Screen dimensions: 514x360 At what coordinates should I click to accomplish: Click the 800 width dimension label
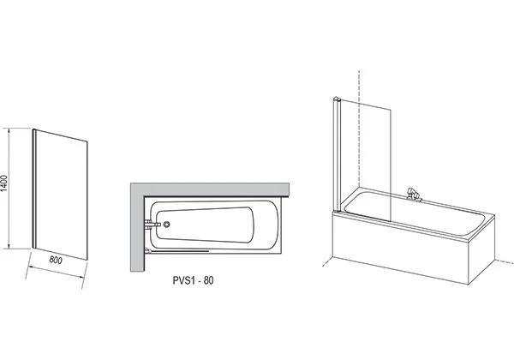click(x=56, y=260)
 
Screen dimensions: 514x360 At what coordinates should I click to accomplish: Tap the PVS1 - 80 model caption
click(x=193, y=280)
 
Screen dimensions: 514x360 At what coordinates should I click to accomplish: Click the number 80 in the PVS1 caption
click(x=209, y=280)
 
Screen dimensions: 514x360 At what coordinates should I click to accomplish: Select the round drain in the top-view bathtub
click(x=167, y=225)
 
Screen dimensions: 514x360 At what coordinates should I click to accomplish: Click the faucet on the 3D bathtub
click(x=412, y=195)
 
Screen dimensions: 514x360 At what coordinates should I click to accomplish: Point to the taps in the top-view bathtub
click(x=152, y=225)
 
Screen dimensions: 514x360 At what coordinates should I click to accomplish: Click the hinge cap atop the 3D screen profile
click(x=336, y=99)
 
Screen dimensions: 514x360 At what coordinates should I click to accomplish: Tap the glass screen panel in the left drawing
click(x=61, y=195)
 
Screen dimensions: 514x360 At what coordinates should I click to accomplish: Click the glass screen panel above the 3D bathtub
click(x=366, y=161)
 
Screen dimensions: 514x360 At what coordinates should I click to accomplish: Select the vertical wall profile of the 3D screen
click(x=336, y=156)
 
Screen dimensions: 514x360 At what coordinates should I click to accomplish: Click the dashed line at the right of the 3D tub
click(x=504, y=261)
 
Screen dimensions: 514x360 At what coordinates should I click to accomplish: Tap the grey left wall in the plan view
click(x=137, y=227)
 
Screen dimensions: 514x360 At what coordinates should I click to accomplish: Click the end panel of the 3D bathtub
click(x=481, y=251)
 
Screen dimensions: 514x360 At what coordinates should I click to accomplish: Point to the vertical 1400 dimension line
click(x=9, y=189)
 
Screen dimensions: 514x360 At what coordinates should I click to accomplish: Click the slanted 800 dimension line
click(x=55, y=272)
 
